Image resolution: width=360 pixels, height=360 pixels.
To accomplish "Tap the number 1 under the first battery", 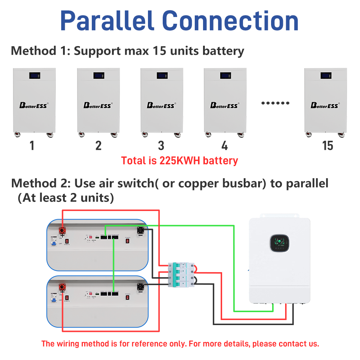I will (x=32, y=146).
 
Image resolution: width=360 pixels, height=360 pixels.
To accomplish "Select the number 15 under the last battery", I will (x=328, y=146).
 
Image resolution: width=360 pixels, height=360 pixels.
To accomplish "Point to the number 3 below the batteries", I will (x=161, y=146).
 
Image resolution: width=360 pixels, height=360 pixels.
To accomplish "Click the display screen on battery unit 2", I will (x=99, y=76).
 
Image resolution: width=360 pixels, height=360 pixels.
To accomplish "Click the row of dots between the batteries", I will (x=275, y=103).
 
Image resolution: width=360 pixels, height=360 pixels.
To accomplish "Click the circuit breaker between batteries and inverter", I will (x=181, y=274).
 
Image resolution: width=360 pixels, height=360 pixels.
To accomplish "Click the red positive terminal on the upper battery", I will (x=63, y=229).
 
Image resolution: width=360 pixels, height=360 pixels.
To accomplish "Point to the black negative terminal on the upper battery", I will (x=140, y=230).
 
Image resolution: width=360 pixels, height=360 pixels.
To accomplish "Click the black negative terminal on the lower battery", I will (x=140, y=287).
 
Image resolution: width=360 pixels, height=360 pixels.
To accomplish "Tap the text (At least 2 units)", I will (x=66, y=198).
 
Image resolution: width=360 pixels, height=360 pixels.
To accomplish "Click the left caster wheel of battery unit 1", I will (x=17, y=135).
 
